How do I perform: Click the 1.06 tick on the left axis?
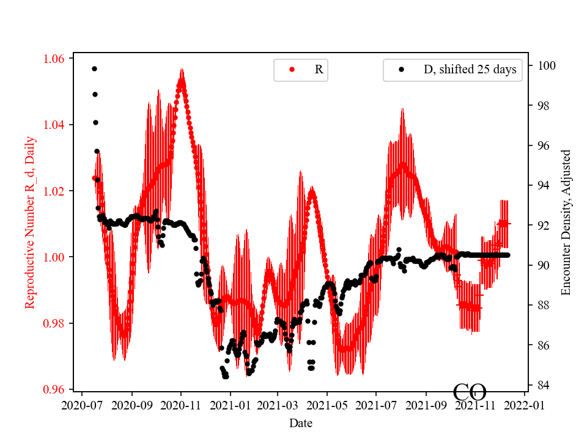[56, 59]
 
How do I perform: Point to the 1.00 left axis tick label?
[56, 257]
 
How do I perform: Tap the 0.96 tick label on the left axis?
[56, 389]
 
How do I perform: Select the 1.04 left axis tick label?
[56, 125]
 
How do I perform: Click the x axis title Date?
[301, 423]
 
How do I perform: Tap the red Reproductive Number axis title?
[30, 222]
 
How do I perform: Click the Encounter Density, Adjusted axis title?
[566, 222]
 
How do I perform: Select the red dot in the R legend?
[292, 70]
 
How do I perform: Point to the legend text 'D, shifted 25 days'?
[470, 70]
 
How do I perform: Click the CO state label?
[470, 392]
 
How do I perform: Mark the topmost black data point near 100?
[94, 68]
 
